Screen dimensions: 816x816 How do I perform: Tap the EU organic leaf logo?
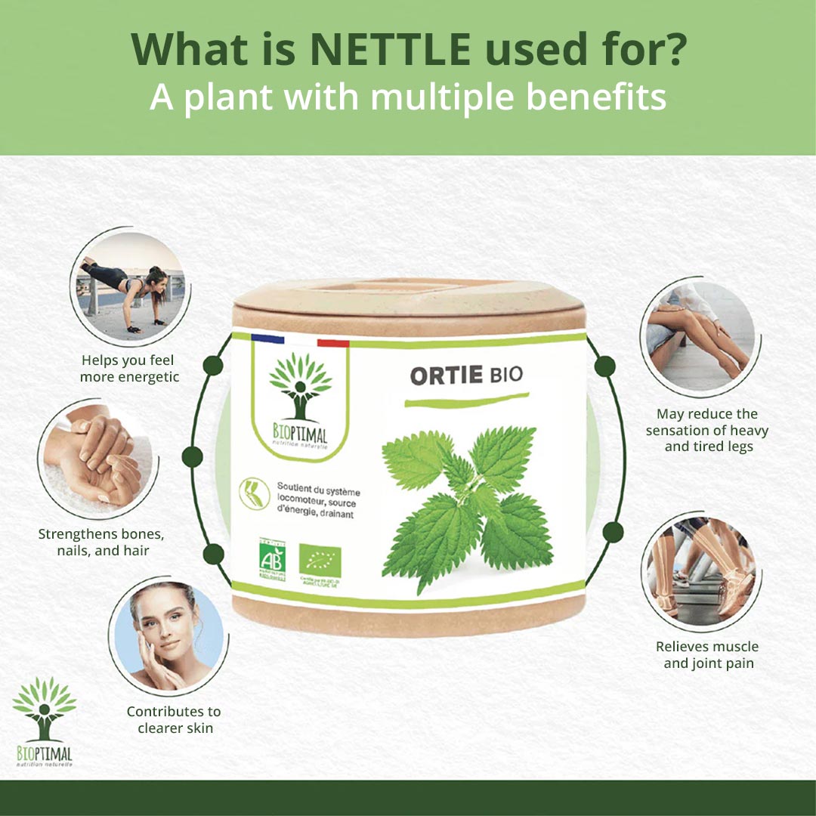320,558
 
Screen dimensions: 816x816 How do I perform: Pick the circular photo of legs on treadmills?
699,570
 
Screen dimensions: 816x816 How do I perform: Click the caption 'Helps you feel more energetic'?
129,369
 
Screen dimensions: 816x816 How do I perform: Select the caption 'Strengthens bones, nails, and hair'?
101,542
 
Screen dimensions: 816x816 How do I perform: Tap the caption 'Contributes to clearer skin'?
174,720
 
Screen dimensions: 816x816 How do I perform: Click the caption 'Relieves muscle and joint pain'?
707,655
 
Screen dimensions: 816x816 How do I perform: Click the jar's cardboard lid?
408,302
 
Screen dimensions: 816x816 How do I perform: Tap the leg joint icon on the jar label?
254,493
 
